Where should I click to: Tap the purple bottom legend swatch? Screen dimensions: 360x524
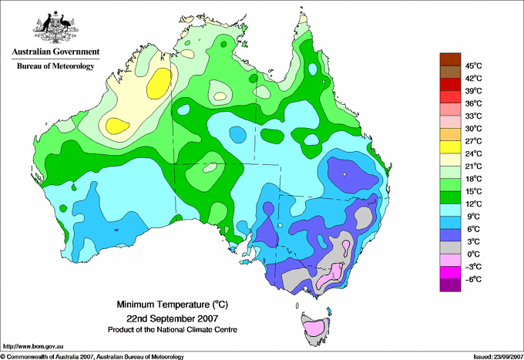click(450, 285)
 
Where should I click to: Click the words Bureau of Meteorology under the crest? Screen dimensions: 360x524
click(55, 66)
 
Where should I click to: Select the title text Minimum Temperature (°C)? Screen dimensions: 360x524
click(171, 304)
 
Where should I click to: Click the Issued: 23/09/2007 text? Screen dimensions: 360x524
click(497, 356)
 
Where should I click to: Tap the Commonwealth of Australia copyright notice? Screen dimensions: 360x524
click(92, 356)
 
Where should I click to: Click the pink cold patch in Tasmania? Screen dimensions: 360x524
click(314, 328)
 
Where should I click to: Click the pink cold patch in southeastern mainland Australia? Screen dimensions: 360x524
click(331, 274)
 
